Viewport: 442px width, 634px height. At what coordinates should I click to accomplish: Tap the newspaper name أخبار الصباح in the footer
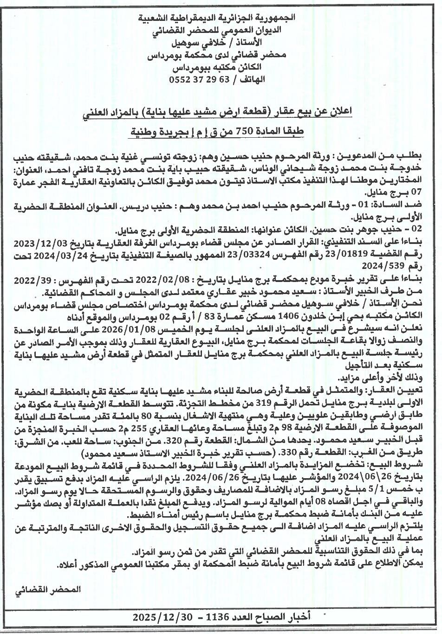[286, 617]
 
